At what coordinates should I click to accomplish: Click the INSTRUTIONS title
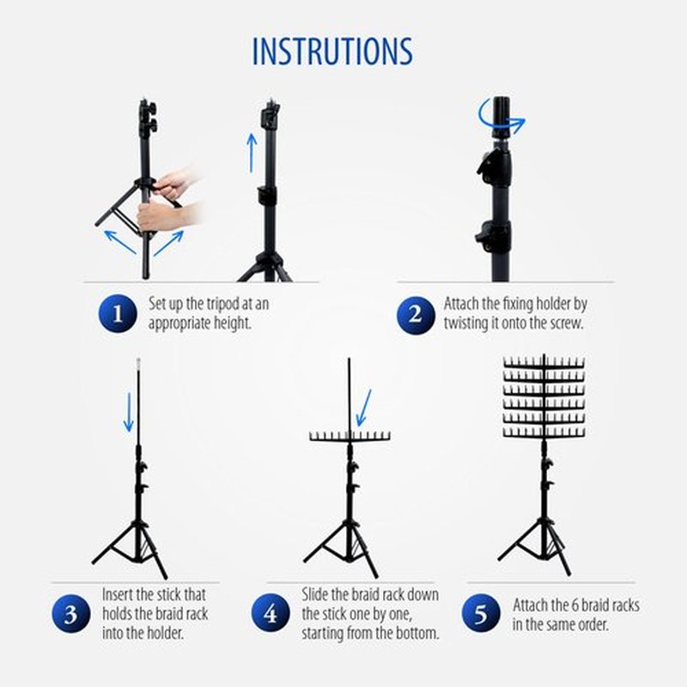[332, 52]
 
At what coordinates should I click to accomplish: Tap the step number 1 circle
[118, 313]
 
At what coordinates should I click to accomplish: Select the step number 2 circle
[416, 315]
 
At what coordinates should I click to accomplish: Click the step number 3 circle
[71, 613]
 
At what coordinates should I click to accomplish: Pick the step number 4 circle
[271, 612]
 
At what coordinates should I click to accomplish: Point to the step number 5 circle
[481, 612]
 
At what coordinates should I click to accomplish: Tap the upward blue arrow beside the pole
[252, 153]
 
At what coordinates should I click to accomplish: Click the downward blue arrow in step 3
[129, 412]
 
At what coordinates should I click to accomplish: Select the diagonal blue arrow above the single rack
[363, 408]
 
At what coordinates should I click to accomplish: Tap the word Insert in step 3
[118, 594]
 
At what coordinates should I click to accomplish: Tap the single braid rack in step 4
[350, 436]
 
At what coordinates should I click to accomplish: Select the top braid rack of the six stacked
[544, 362]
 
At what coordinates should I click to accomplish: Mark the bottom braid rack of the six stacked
[544, 432]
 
